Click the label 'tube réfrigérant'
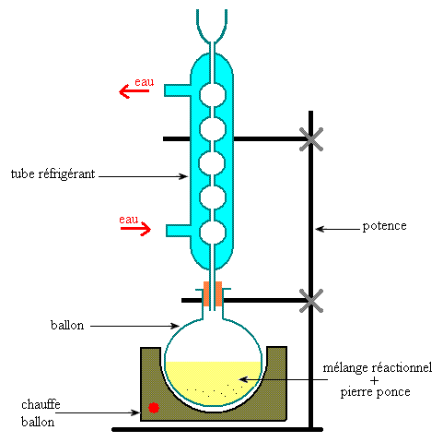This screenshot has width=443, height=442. coord(52,174)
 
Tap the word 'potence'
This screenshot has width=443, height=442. coord(384,226)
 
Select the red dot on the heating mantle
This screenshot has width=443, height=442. coord(154,408)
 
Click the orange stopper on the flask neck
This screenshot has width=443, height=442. coord(213,293)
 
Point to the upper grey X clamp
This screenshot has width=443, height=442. coord(311,139)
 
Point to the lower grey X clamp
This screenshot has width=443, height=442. coord(311,301)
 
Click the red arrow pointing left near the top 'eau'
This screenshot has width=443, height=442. coord(134,91)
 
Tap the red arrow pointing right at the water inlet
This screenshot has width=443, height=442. coord(135,229)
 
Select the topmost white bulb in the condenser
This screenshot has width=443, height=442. coord(213,95)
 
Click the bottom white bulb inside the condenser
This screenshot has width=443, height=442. coord(213,233)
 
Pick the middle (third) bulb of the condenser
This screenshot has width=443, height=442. coord(213,163)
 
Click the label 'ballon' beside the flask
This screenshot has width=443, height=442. coord(67,325)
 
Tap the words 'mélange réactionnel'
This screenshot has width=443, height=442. coord(378,368)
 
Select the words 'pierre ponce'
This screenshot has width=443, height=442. coord(375,392)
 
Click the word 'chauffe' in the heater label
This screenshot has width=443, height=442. coord(41,404)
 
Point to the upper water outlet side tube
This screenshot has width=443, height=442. coord(178,90)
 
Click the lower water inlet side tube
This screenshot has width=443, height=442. coord(179,231)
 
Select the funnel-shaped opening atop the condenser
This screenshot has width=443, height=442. coord(212,26)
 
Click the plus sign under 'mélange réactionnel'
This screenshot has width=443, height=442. coord(374,380)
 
